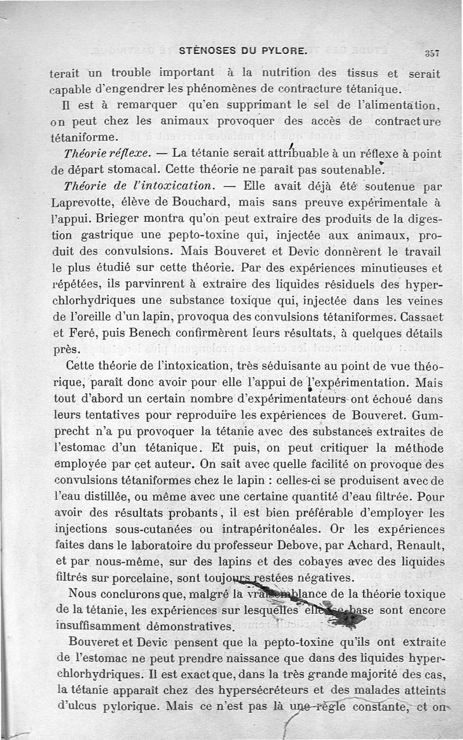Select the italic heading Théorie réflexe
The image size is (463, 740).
click(x=108, y=154)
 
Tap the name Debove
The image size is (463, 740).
click(x=311, y=546)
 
